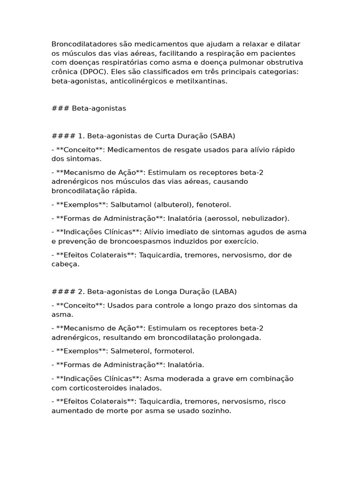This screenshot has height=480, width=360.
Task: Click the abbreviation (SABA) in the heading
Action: tap(223, 136)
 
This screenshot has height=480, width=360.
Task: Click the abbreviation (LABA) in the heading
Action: tap(225, 292)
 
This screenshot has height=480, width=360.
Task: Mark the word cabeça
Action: tap(65, 264)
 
